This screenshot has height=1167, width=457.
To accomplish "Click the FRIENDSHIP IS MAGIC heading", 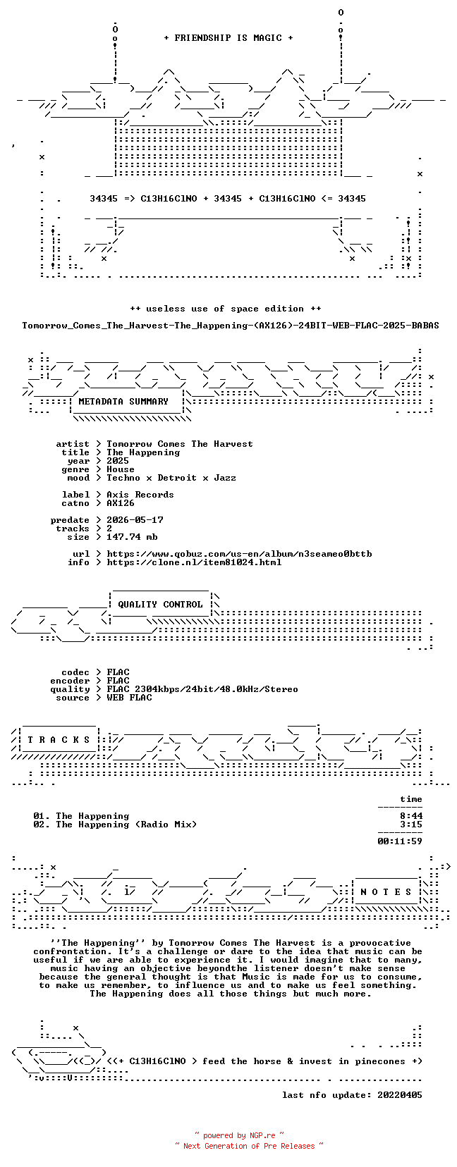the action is pyautogui.click(x=228, y=38).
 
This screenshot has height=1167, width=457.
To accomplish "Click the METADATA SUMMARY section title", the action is pyautogui.click(x=123, y=402).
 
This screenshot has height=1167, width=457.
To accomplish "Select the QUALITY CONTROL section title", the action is pyautogui.click(x=160, y=605).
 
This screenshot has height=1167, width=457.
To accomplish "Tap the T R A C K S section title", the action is pyautogui.click(x=59, y=740).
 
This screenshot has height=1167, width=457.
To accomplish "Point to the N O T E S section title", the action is pyautogui.click(x=386, y=892).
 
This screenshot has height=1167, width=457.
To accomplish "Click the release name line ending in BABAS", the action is pyautogui.click(x=231, y=326).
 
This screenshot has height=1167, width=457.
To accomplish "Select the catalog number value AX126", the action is pyautogui.click(x=121, y=503).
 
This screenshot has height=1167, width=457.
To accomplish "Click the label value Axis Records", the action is pyautogui.click(x=140, y=495).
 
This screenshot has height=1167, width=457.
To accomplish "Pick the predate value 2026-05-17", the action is pyautogui.click(x=135, y=520).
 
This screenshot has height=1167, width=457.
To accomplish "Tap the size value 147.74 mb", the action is pyautogui.click(x=132, y=536).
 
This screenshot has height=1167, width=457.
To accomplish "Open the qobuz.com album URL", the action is pyautogui.click(x=239, y=554).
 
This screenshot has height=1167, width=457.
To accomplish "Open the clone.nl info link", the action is pyautogui.click(x=194, y=562).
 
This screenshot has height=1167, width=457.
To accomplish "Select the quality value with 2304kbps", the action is pyautogui.click(x=202, y=689).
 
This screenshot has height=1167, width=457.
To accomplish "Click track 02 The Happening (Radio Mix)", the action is pyautogui.click(x=115, y=825).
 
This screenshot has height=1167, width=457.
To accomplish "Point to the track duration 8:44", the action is pyautogui.click(x=411, y=816).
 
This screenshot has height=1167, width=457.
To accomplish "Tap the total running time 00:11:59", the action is pyautogui.click(x=400, y=841).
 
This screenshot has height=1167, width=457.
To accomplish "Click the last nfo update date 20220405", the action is pyautogui.click(x=400, y=1094).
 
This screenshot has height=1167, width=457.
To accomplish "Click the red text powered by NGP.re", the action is pyautogui.click(x=239, y=1135).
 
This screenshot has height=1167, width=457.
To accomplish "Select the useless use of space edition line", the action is pyautogui.click(x=225, y=309).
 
